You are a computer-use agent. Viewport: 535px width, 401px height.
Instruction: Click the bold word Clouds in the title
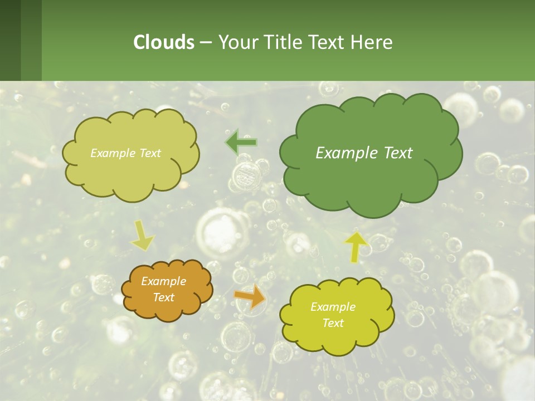pyautogui.click(x=163, y=42)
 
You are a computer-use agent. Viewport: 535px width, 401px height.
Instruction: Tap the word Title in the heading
pyautogui.click(x=284, y=42)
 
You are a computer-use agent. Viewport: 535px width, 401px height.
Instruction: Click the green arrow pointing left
pyautogui.click(x=240, y=143)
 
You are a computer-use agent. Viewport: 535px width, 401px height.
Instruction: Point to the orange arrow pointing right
pyautogui.click(x=250, y=297)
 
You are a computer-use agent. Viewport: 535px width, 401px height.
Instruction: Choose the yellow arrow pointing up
pyautogui.click(x=356, y=247)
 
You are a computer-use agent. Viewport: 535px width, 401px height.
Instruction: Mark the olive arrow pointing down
pyautogui.click(x=142, y=235)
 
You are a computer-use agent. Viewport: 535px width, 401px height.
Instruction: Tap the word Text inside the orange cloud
pyautogui.click(x=163, y=297)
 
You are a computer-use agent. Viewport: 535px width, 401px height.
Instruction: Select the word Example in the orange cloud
pyautogui.click(x=163, y=281)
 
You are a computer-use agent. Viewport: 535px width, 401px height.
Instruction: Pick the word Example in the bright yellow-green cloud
pyautogui.click(x=333, y=307)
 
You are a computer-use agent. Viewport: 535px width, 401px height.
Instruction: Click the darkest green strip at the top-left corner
pyautogui.click(x=10, y=40)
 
